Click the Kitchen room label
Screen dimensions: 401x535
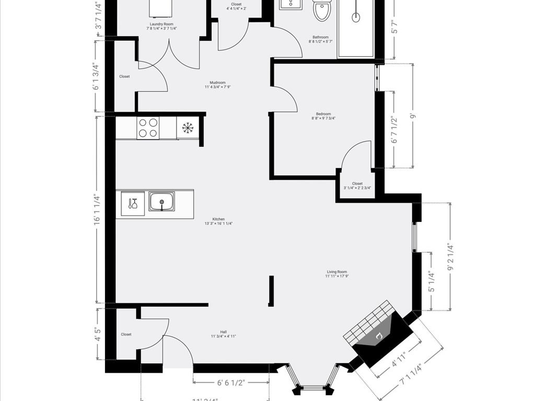coord(218,221)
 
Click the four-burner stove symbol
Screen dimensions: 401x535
coord(148,128)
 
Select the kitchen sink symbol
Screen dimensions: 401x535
coord(161,202)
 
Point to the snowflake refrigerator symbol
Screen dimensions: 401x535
coord(187,127)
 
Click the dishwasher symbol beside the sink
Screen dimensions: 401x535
coord(132,203)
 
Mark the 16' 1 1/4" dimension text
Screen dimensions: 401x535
coord(96,209)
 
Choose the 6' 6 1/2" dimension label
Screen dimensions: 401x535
coord(231,383)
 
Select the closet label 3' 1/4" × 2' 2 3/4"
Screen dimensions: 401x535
coord(357,186)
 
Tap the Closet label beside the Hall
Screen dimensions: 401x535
coord(126,334)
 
